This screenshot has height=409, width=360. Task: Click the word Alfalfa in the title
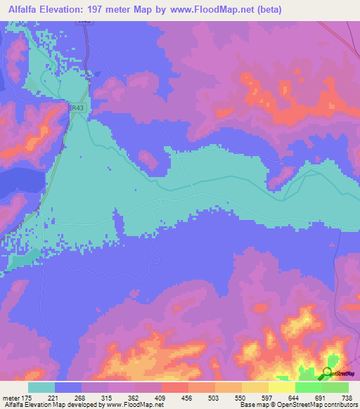tap(23, 8)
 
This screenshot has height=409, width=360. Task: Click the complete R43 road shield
tap(77, 108)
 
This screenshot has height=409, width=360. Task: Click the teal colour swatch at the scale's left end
tap(41, 387)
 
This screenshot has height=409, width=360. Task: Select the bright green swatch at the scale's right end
tap(335, 387)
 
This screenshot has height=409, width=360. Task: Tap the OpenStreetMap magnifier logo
tap(328, 373)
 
